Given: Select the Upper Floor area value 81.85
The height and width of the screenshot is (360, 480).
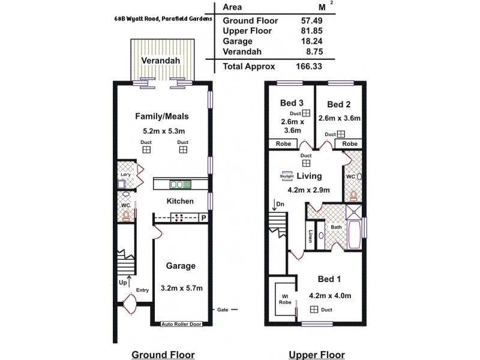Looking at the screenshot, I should coord(311,31).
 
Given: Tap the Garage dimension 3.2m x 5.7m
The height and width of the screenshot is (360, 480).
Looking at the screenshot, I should coord(182,288).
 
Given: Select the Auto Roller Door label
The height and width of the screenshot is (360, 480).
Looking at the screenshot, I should coord(182,324).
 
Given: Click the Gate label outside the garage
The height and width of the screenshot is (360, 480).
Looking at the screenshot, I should coord(222,310).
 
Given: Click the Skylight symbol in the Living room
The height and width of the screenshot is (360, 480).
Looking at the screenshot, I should coord(287,176).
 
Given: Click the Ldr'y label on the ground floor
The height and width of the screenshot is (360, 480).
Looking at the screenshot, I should coord(125,175).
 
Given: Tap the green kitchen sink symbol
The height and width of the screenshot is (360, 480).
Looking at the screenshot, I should coord(181,184).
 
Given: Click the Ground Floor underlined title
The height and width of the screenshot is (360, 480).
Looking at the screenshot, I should coord(160,355).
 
